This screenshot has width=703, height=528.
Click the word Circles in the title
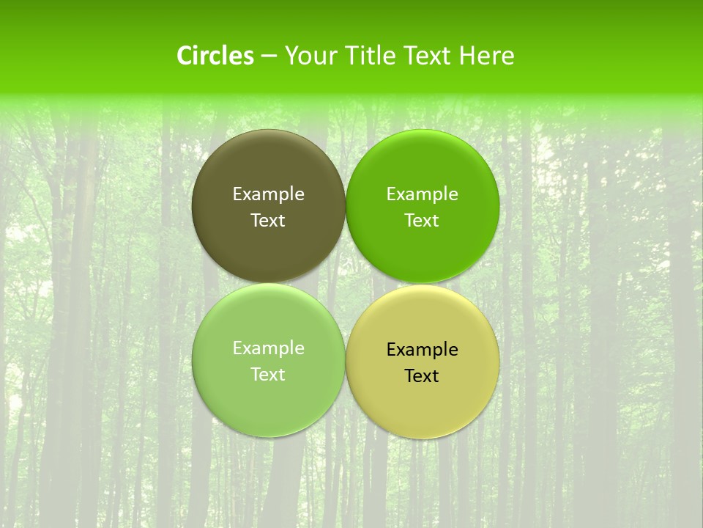click(215, 56)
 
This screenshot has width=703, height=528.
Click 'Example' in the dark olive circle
click(268, 194)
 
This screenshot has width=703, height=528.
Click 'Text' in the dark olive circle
click(268, 220)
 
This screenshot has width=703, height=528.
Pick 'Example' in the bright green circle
click(422, 194)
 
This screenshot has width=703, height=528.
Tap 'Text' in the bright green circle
click(422, 220)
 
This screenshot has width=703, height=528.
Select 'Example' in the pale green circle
click(268, 348)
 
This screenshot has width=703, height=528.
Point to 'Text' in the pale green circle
click(268, 374)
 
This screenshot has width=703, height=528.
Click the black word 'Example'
click(422, 349)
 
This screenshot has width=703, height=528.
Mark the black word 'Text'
click(422, 375)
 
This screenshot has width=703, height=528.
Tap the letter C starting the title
click(185, 56)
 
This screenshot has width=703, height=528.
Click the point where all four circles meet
click(346, 283)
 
